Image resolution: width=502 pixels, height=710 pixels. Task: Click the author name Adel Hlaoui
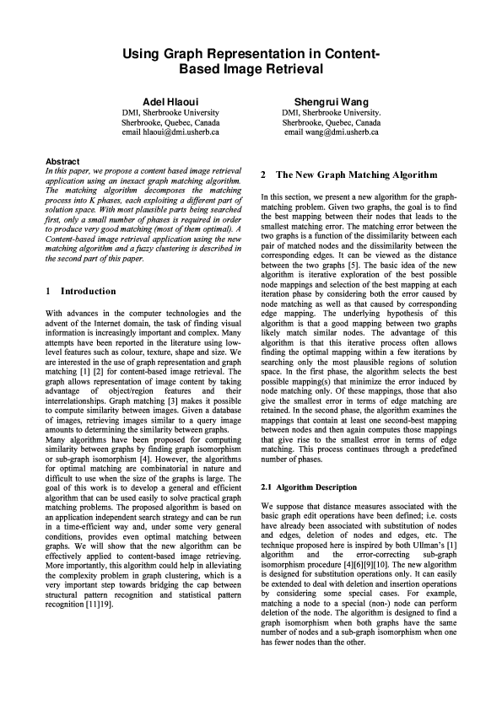tap(170, 100)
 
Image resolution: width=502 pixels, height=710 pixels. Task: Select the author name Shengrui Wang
tap(331, 100)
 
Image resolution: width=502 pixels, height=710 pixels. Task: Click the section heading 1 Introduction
tap(80, 291)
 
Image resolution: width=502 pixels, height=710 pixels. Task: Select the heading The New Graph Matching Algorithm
tap(357, 175)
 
